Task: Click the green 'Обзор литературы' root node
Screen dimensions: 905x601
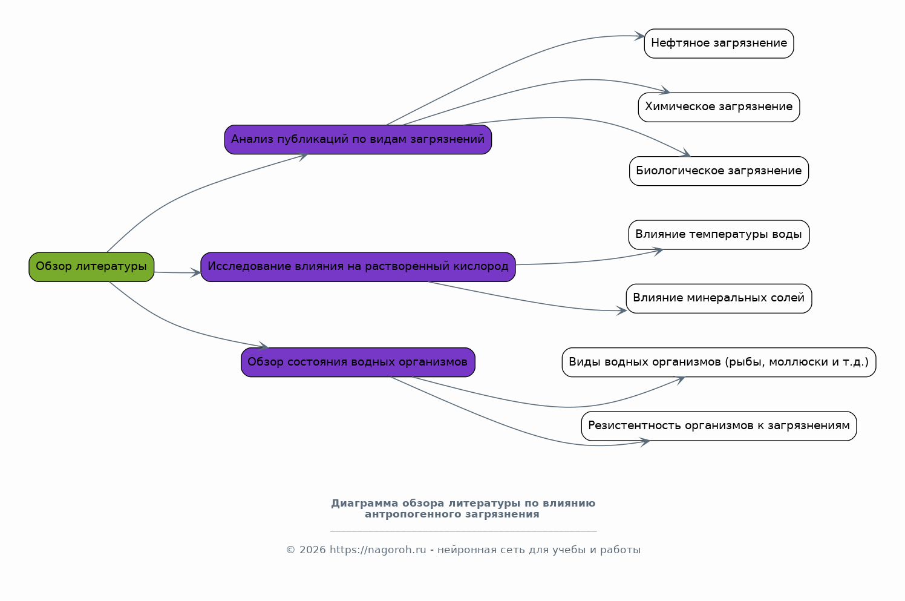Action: [91, 267]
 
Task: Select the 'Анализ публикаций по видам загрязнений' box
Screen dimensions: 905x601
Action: [358, 139]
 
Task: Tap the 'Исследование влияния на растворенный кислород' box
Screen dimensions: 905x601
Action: [358, 267]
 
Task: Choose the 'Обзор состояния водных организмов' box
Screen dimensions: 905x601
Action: [358, 362]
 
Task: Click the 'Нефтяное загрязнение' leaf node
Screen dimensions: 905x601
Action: [719, 44]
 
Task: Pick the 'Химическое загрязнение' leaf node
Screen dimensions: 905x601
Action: [719, 107]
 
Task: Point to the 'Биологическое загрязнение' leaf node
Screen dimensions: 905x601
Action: [719, 171]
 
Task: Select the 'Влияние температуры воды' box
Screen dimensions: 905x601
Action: [719, 235]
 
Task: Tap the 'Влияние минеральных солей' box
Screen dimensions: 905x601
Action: [719, 298]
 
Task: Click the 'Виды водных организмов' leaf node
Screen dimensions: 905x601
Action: [719, 362]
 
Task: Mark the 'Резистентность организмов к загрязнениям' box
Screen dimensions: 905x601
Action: [719, 426]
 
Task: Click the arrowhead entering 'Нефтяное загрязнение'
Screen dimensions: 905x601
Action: [639, 36]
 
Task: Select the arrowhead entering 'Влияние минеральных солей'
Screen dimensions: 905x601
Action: [621, 311]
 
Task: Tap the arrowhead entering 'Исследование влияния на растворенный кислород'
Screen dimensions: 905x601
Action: [196, 273]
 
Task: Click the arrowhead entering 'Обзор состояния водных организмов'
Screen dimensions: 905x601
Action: [263, 346]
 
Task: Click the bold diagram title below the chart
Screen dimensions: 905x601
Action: [463, 509]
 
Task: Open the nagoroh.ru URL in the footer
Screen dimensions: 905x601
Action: [377, 550]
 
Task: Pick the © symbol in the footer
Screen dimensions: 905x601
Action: [291, 550]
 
